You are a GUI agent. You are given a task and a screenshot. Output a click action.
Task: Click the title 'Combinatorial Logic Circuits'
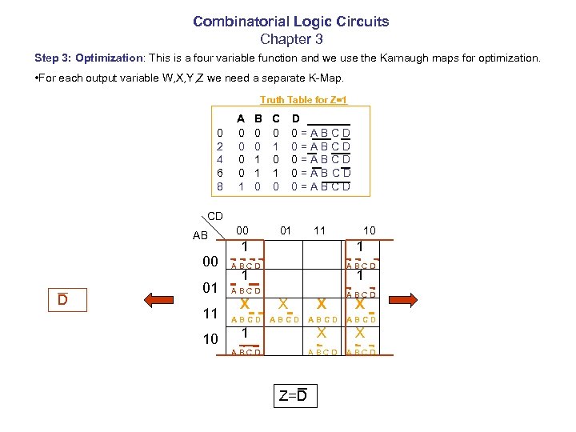pyautogui.click(x=290, y=22)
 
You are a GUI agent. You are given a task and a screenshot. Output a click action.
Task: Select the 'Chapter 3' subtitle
pyautogui.click(x=290, y=38)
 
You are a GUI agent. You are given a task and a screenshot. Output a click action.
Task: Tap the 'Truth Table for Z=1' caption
pyautogui.click(x=303, y=100)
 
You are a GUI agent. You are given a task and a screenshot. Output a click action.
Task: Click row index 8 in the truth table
pyautogui.click(x=220, y=186)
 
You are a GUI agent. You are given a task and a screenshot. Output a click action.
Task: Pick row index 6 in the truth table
pyautogui.click(x=220, y=172)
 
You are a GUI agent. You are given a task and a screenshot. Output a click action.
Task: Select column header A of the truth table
pyautogui.click(x=241, y=118)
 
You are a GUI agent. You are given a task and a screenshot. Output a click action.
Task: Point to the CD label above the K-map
pyautogui.click(x=215, y=216)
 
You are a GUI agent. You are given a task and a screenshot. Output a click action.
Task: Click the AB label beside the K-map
pyautogui.click(x=200, y=235)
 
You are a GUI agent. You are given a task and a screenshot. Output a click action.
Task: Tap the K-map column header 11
pyautogui.click(x=320, y=231)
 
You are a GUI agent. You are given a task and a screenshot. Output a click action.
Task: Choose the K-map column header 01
pyautogui.click(x=285, y=231)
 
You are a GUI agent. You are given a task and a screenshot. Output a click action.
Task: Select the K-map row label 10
pyautogui.click(x=210, y=338)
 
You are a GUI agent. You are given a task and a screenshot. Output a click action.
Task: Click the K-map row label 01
pyautogui.click(x=210, y=287)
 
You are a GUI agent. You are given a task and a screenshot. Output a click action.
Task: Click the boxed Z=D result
pyautogui.click(x=293, y=395)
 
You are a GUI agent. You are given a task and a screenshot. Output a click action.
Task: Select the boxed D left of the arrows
pyautogui.click(x=62, y=299)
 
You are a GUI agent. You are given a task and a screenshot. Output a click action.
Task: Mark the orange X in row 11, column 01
pyautogui.click(x=283, y=304)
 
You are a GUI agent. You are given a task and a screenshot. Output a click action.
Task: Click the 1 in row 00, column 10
pyautogui.click(x=362, y=247)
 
